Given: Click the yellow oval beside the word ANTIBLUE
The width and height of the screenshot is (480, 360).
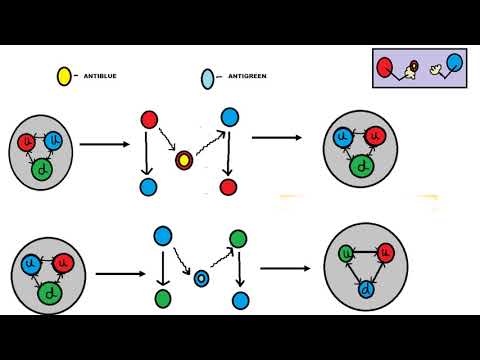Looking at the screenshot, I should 64,76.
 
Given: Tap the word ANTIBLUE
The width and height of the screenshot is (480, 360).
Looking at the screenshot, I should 100,76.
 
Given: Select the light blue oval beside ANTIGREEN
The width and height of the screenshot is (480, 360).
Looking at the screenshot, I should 208,78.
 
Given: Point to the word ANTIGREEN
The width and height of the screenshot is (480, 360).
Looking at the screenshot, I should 247,76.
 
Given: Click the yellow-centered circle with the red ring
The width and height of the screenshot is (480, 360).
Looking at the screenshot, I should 184,159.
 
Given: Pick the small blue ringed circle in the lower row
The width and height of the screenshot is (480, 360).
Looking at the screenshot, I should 201,278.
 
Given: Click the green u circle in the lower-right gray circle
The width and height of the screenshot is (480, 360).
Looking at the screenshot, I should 346,253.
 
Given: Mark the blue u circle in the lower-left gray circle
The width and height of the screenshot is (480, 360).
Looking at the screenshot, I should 31,265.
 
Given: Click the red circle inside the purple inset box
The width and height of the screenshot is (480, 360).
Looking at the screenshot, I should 384,67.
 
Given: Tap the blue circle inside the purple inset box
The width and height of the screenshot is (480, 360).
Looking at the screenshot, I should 454,63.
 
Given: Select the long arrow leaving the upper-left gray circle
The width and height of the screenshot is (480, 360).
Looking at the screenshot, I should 104,145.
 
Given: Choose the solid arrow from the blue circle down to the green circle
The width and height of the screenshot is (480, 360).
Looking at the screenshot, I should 163,267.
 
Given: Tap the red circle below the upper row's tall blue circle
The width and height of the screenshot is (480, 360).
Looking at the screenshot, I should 228,187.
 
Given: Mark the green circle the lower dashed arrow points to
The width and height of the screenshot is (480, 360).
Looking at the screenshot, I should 238,238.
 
